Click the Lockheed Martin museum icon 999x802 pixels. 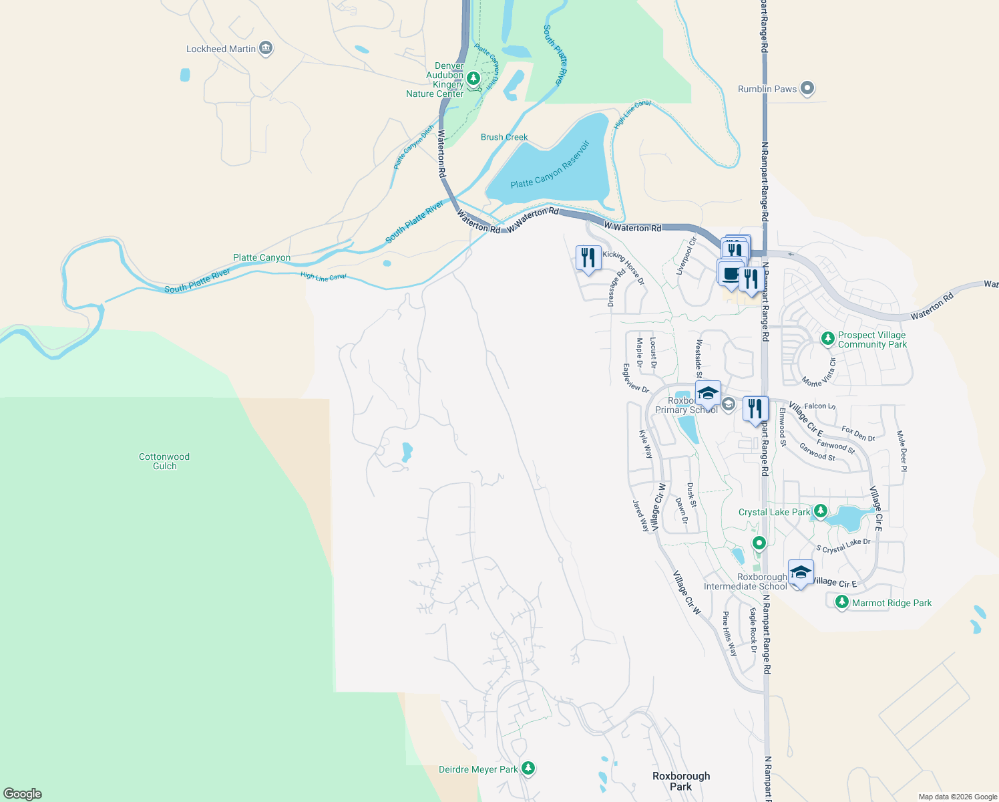[x=266, y=48]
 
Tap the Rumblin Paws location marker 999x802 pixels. [x=807, y=88]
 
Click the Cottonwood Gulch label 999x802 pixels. [x=164, y=461]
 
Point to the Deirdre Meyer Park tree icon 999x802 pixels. [x=528, y=768]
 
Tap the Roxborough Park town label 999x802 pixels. [x=681, y=781]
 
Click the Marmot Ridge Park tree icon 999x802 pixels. [x=842, y=602]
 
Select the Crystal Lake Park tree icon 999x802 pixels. [x=820, y=512]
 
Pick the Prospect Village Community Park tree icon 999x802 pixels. [x=828, y=339]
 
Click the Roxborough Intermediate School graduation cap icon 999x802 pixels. [x=801, y=573]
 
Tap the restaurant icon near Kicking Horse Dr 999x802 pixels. [x=588, y=258]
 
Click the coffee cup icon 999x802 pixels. [x=731, y=274]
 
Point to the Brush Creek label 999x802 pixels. [x=504, y=137]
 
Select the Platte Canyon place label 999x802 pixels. [x=262, y=257]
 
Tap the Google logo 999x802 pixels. [x=23, y=794]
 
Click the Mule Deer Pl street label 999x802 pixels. [x=902, y=451]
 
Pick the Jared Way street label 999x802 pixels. [x=640, y=515]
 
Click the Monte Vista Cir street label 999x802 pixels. [x=821, y=373]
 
